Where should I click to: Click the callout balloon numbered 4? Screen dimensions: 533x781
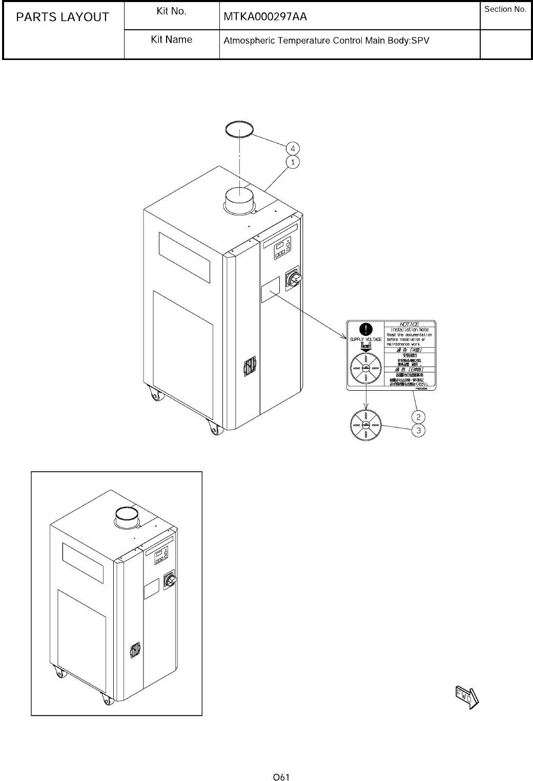click(x=293, y=149)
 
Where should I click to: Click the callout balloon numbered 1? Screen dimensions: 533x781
click(x=293, y=162)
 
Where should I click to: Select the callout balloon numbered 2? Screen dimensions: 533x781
click(x=419, y=416)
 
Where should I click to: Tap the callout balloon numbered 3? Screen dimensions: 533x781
click(x=419, y=430)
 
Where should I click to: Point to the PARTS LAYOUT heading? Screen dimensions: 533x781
click(x=63, y=17)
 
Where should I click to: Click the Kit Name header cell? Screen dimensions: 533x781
click(x=172, y=39)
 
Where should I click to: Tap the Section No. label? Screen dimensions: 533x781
click(x=505, y=10)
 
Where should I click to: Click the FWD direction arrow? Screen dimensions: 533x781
click(x=466, y=696)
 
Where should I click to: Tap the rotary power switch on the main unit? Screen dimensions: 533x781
click(x=295, y=277)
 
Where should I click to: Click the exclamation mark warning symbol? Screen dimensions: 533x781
click(x=364, y=329)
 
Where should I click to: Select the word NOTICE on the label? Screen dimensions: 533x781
click(x=409, y=324)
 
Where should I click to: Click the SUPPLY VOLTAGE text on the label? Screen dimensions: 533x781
click(x=365, y=339)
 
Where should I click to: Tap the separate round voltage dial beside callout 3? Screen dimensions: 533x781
click(x=365, y=425)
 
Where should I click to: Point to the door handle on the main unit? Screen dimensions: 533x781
click(x=249, y=367)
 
